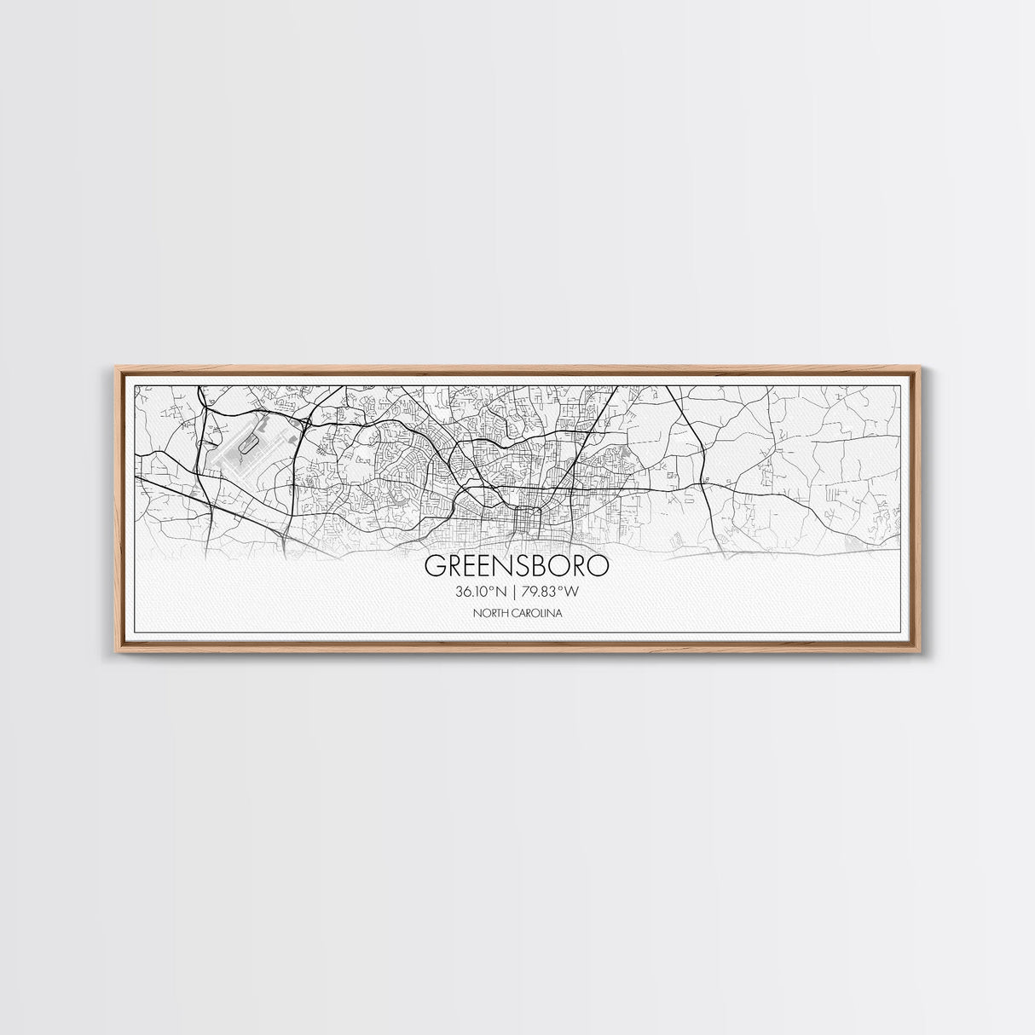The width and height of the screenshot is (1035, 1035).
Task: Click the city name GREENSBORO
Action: click(517, 566)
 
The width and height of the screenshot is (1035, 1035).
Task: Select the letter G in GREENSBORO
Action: click(433, 566)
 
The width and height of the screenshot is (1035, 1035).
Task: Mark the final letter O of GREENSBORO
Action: click(599, 566)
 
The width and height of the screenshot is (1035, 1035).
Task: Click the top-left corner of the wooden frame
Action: click(116, 367)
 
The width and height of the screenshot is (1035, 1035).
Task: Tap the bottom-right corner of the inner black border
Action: click(902, 633)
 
